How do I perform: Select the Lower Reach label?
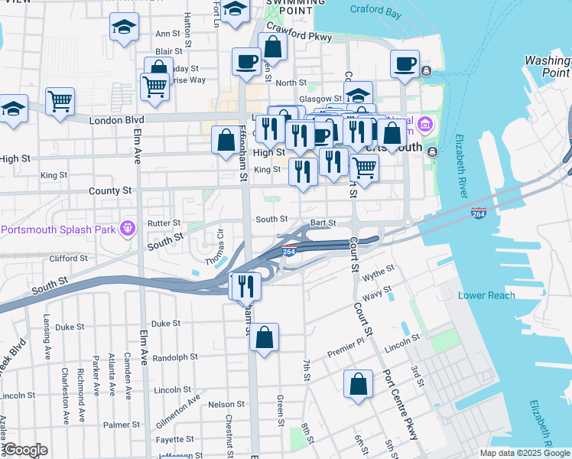point(483,295)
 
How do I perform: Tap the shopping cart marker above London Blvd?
point(60,100)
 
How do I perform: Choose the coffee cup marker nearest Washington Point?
point(405,63)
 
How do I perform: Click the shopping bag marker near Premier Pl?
point(264,337)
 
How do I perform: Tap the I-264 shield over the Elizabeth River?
point(479,213)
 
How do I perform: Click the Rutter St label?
point(163,223)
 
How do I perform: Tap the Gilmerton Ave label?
point(179,406)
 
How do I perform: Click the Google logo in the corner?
point(24,450)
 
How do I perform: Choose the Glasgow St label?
point(320,99)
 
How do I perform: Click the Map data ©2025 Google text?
point(524,453)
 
